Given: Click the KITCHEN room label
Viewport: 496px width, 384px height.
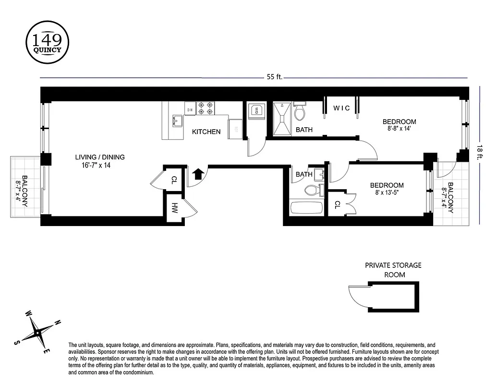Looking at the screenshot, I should [206, 132].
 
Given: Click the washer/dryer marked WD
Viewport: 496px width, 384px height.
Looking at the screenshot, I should [256, 111].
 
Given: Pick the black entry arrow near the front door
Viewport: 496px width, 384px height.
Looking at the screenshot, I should [197, 173].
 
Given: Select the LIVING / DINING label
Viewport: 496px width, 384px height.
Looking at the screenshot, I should [100, 157].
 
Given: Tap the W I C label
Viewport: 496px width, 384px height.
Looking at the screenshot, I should [342, 108].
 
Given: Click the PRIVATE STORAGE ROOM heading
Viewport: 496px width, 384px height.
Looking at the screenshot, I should [393, 270].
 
